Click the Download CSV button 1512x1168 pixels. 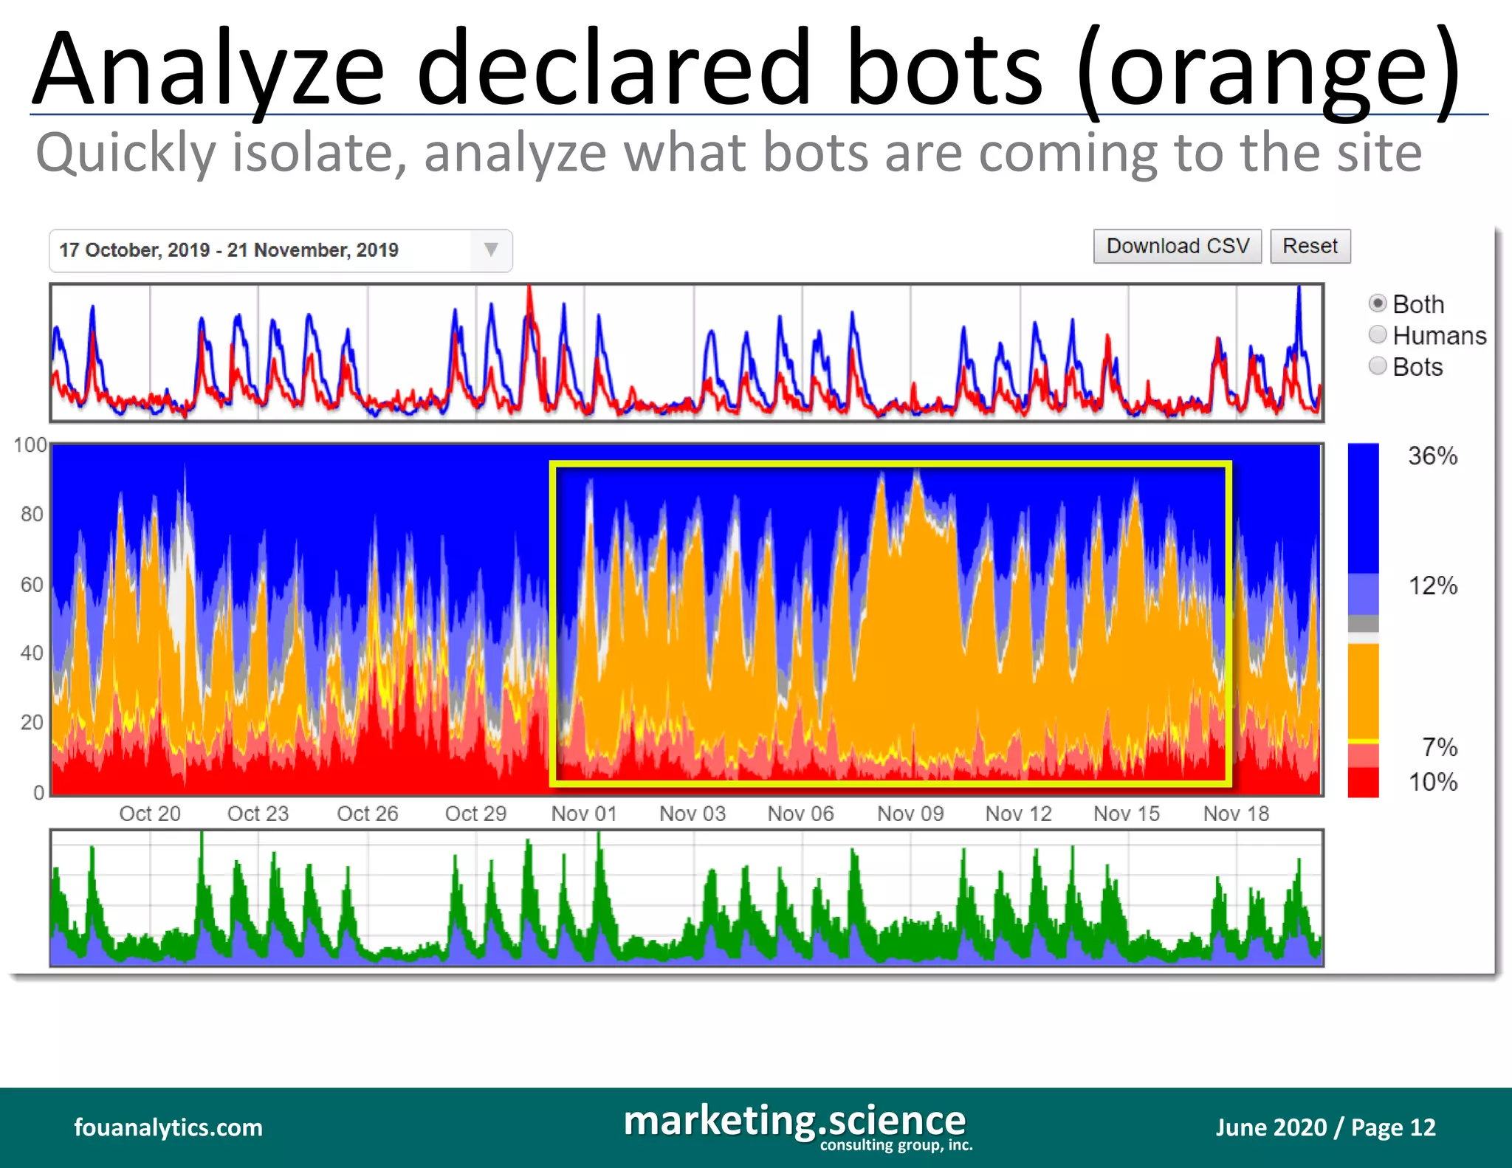click(1177, 246)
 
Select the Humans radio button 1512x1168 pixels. click(1378, 335)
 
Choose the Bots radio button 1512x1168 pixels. click(1378, 366)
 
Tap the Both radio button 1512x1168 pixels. click(1378, 303)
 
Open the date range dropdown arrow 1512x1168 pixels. click(491, 250)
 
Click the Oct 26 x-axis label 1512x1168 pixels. click(367, 814)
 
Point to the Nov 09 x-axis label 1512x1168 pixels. click(910, 814)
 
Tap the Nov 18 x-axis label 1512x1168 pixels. click(1236, 814)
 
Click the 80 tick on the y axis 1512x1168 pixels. click(32, 514)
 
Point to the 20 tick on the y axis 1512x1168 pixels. click(32, 722)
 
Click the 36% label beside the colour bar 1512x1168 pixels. click(1432, 456)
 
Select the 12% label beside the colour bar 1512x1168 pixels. click(1432, 586)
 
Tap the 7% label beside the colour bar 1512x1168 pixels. click(1440, 747)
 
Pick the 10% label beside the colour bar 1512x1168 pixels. click(1432, 782)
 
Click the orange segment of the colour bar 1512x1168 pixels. click(1363, 690)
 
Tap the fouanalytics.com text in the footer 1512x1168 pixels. click(168, 1127)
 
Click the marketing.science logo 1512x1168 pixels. click(796, 1124)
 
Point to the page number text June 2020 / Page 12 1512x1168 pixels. click(1325, 1127)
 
